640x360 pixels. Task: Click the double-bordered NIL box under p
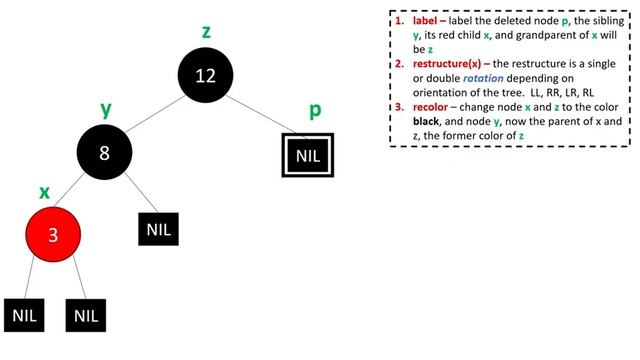point(305,157)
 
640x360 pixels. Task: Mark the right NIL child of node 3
point(87,315)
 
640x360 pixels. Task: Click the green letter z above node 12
point(206,31)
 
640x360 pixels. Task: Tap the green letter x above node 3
point(44,190)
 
